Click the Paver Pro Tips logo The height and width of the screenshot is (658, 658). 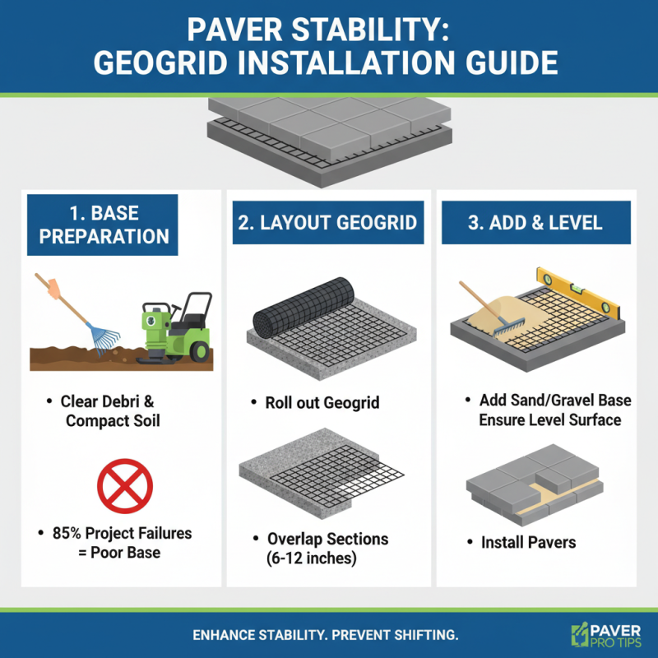(604, 636)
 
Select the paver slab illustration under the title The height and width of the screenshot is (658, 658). (329, 136)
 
